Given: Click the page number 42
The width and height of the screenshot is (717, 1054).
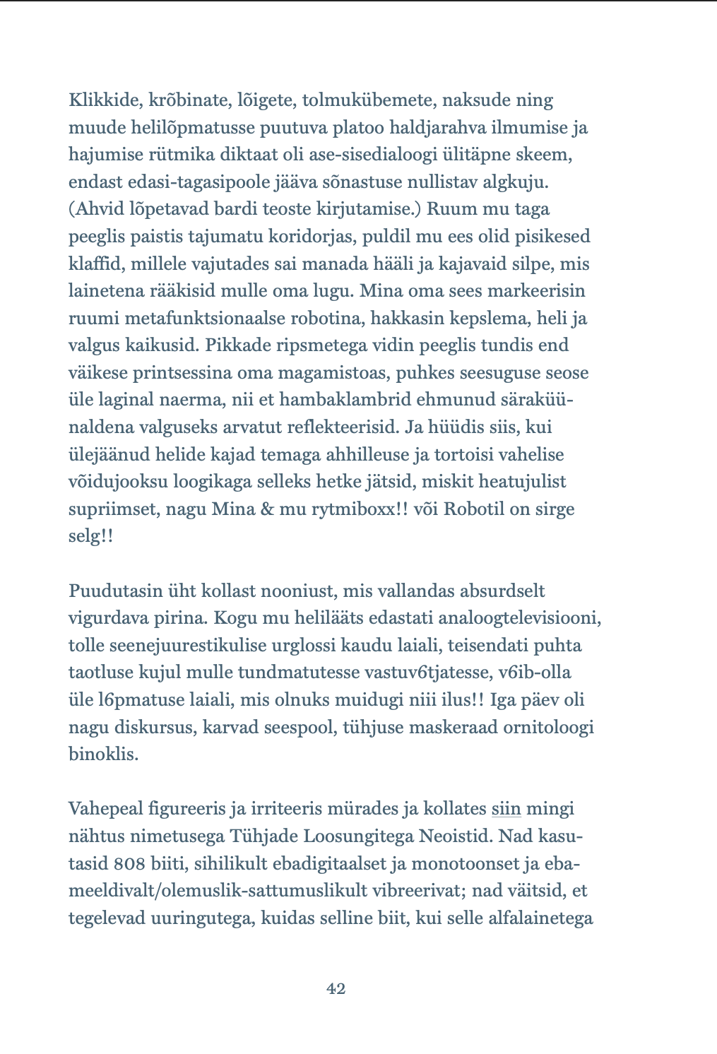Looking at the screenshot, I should (336, 989).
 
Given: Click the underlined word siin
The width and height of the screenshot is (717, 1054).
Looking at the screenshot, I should (506, 809).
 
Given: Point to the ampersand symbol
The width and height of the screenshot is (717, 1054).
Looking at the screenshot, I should (267, 509).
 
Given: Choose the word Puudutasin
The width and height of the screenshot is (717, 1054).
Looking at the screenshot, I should (111, 591).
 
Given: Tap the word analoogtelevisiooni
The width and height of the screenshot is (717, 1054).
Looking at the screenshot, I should (519, 618).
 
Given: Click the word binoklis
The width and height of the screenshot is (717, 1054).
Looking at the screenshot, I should (103, 754).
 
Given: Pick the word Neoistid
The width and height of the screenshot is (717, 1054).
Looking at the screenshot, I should (455, 836).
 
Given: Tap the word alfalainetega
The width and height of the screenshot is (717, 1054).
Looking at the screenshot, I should (540, 918).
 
